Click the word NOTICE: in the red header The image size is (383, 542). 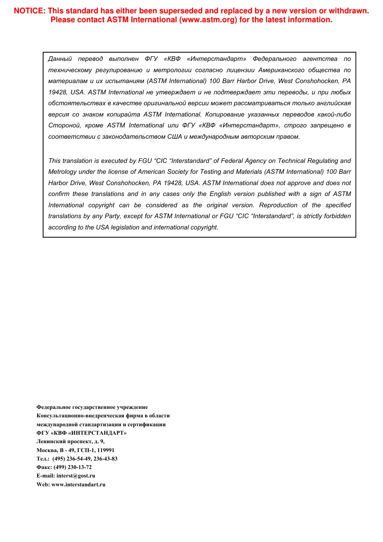coord(29,11)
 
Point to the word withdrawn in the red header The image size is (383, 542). coord(349,11)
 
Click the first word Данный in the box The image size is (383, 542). coord(60,59)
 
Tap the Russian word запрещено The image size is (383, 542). coord(327,125)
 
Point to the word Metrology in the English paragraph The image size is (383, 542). coord(62,172)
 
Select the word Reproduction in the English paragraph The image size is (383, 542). coord(278,205)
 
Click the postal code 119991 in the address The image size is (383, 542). coord(106,450)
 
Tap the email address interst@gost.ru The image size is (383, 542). coord(76,476)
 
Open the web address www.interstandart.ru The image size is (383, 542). coord(78,485)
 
